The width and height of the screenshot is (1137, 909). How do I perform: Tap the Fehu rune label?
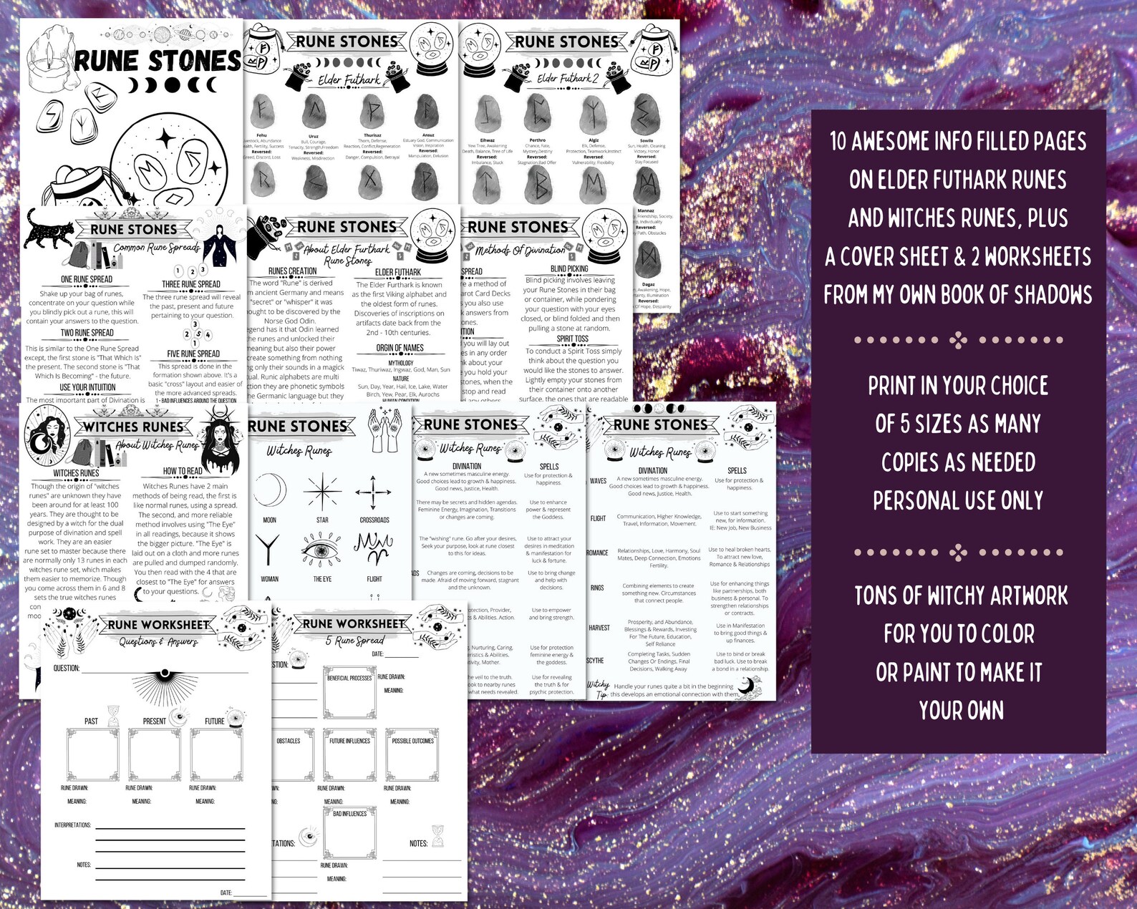coord(261,135)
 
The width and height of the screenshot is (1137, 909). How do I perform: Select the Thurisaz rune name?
coord(372,135)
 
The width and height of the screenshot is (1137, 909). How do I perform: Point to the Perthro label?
coord(537,140)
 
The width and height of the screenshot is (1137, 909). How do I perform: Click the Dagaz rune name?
coord(648,284)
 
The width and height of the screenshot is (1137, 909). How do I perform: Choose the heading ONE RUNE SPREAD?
coord(87,279)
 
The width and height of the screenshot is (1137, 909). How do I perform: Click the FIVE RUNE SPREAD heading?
coord(193,354)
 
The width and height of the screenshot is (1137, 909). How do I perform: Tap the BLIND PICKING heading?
coord(569,269)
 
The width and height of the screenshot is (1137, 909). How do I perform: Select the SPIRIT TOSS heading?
coord(573,339)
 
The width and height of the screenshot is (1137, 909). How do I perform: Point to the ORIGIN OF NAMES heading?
coord(400,348)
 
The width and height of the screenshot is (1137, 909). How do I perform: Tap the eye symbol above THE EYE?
coord(322,553)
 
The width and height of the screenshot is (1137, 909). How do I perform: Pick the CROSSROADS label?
coord(374,520)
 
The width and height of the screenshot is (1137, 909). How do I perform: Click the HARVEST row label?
coord(599,628)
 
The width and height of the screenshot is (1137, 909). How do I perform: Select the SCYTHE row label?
coord(596,661)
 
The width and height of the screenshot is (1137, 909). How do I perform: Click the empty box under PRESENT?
coord(155,755)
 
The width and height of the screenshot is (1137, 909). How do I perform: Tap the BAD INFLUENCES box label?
coord(349,814)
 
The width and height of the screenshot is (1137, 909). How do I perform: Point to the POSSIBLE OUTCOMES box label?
coord(412,741)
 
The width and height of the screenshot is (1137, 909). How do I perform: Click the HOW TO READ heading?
coord(183,471)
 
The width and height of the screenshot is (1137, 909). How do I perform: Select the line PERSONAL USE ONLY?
coord(958,500)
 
